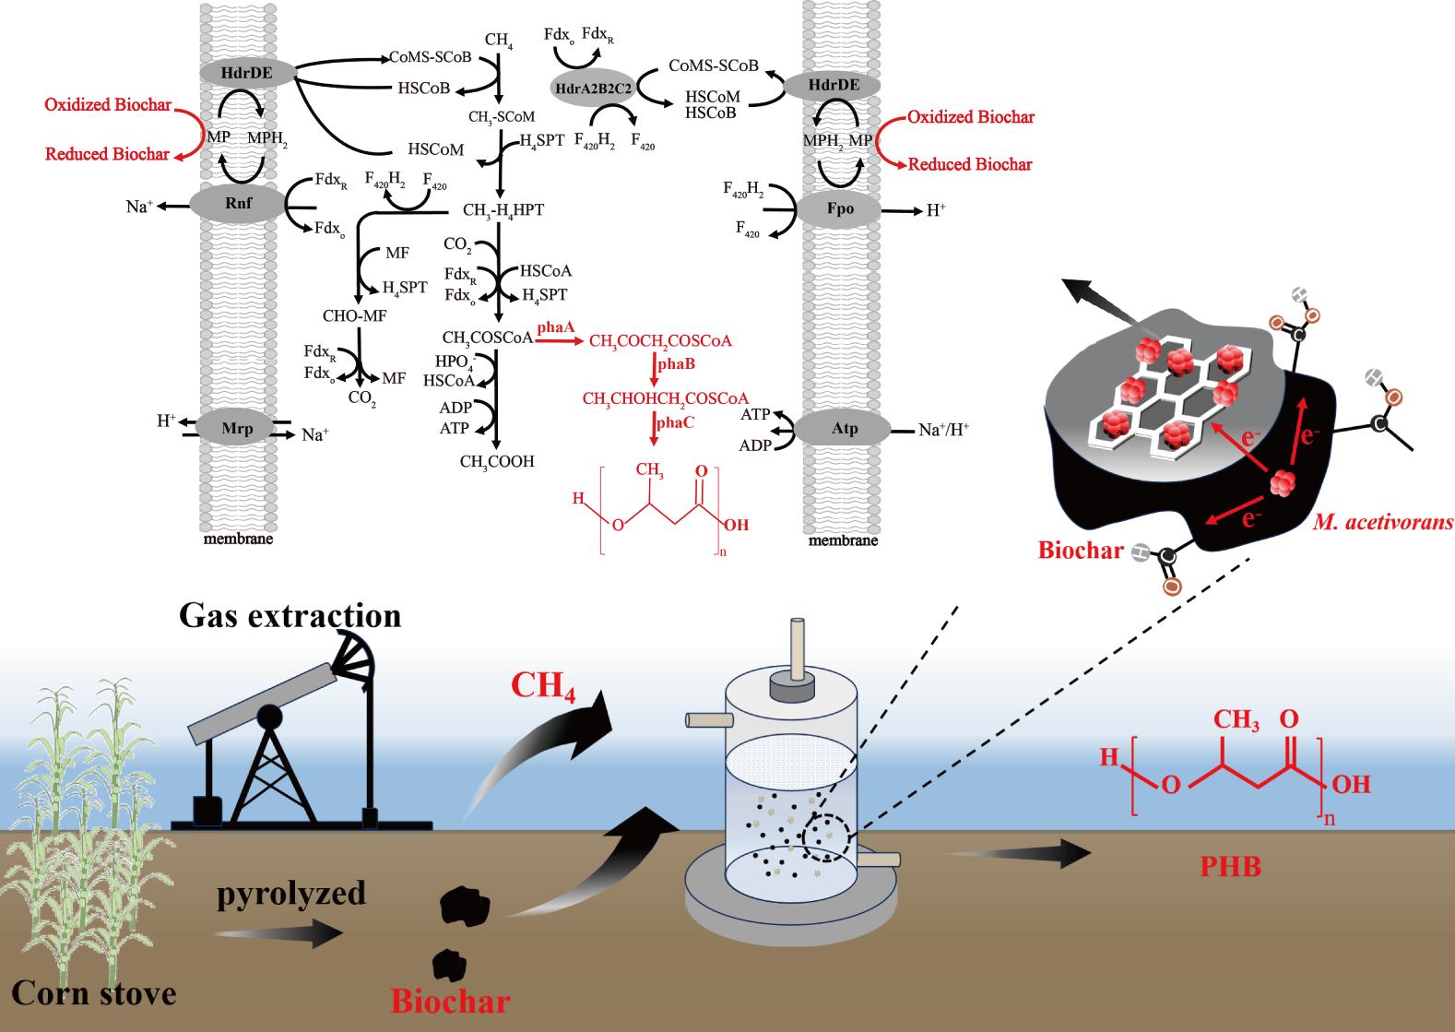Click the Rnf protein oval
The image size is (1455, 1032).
coord(238,203)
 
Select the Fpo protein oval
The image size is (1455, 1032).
coord(840,209)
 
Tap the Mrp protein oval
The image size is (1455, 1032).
coord(237,429)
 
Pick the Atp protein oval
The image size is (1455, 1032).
coord(844,429)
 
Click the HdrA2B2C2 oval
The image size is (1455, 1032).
coord(593,89)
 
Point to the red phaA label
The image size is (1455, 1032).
coord(555,327)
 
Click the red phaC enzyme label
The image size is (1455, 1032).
coord(675,422)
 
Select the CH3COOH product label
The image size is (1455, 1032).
coord(497,462)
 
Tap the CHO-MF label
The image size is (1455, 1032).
coord(354,316)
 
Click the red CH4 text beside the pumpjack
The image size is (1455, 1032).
coord(543,686)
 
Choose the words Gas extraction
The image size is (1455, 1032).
coord(290,615)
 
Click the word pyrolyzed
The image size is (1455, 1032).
coord(291,893)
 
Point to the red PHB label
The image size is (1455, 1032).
coord(1230,867)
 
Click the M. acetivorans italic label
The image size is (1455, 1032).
coord(1382,523)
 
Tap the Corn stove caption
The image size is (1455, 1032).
coord(94,993)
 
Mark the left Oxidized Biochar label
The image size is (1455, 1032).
coord(108,105)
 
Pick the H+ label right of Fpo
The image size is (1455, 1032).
coord(936,210)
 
